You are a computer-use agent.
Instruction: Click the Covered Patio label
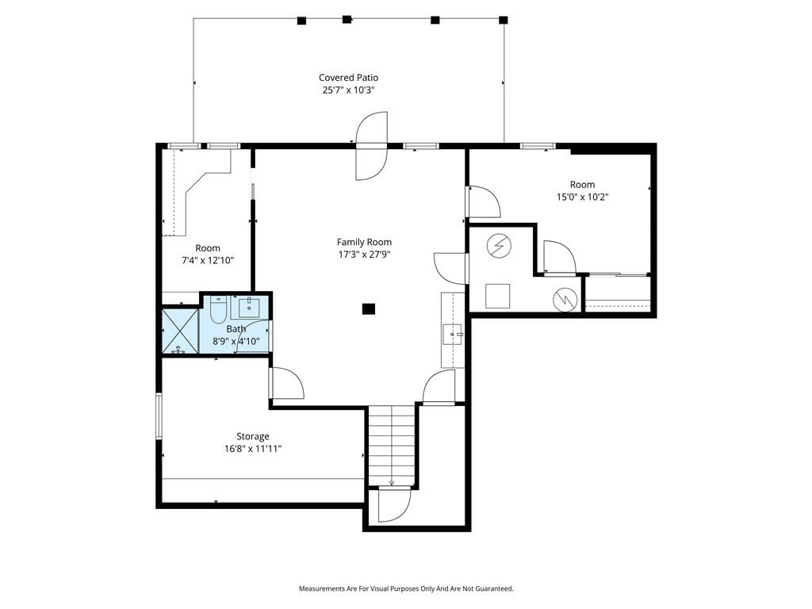[349, 78]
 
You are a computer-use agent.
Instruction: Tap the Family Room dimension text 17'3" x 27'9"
[364, 255]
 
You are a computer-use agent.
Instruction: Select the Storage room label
[253, 437]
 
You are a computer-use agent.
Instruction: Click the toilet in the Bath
[217, 309]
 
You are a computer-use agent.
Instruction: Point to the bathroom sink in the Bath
[250, 308]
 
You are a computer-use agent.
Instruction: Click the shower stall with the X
[180, 331]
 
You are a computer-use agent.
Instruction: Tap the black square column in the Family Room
[368, 309]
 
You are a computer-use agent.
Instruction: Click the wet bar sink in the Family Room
[452, 334]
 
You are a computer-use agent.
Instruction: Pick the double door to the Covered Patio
[371, 146]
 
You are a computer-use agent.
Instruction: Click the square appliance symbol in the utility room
[498, 297]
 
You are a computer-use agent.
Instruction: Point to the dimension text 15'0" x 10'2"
[583, 197]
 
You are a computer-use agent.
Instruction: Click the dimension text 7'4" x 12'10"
[208, 260]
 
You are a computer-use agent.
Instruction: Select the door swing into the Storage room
[286, 383]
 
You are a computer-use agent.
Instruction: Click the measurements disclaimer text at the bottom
[406, 588]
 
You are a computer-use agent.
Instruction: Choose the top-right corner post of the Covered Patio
[504, 20]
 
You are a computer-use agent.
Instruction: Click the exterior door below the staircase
[395, 504]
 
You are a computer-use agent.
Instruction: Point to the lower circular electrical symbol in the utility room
[565, 299]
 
